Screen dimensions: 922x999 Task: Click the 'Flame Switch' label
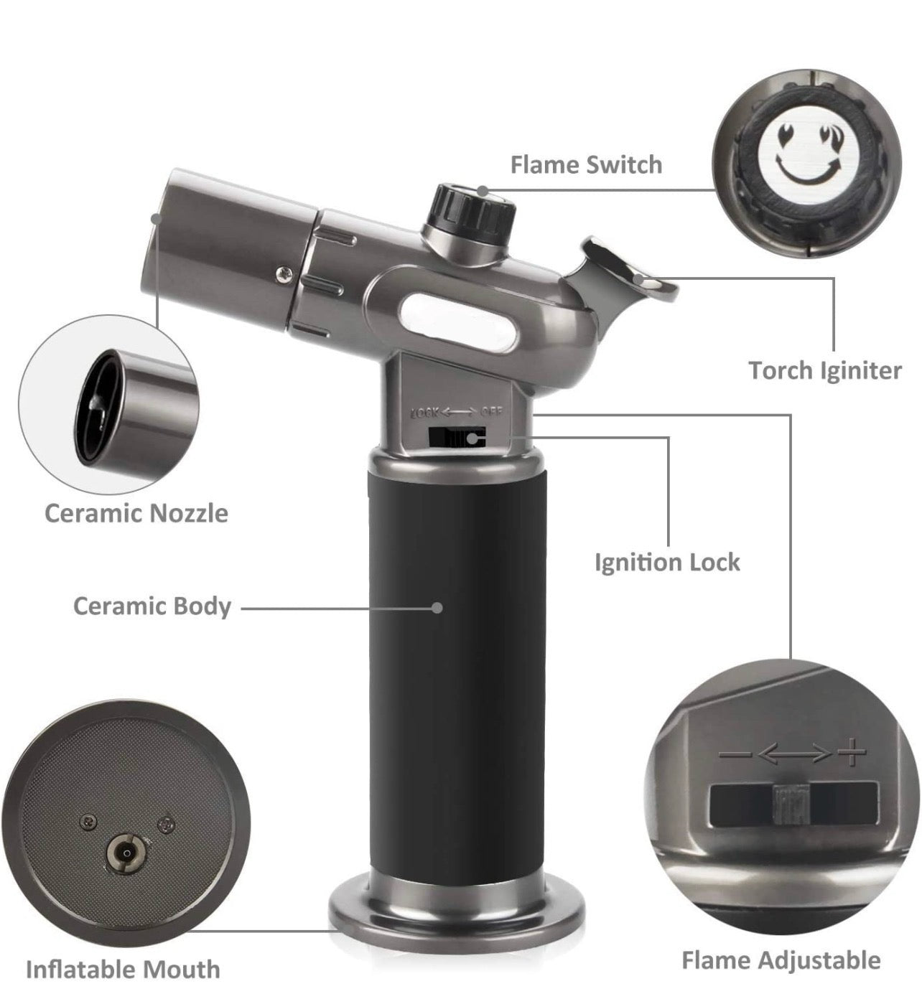[586, 165]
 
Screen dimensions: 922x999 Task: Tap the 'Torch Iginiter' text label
[825, 371]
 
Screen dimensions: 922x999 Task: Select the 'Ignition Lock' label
[667, 562]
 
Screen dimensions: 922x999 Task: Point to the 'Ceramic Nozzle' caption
[136, 514]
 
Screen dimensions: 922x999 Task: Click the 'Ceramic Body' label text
[152, 606]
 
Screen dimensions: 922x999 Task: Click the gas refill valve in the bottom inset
[126, 853]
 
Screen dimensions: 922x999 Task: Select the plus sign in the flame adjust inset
[851, 753]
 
